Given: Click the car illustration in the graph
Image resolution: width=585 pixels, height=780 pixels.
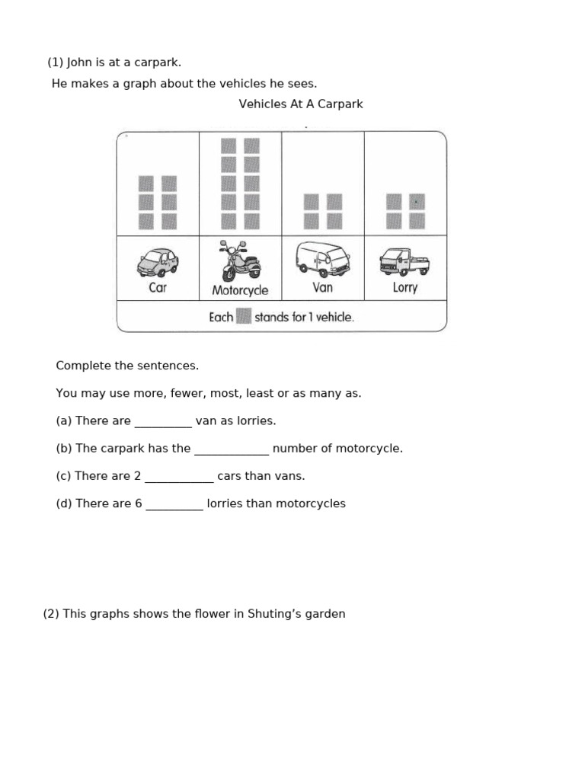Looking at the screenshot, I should pos(158,263).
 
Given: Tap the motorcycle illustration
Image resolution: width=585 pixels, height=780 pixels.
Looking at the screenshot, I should pos(240,261).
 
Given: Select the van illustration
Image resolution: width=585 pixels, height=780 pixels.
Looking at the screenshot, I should pos(322,260).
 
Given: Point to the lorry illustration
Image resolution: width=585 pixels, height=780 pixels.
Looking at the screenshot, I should pos(404,262).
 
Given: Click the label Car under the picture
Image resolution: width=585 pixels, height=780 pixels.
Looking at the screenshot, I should pos(158,288).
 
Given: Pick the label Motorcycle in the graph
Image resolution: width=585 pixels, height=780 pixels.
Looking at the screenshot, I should pos(240,290).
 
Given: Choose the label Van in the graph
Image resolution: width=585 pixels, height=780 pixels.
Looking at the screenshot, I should pos(322,288).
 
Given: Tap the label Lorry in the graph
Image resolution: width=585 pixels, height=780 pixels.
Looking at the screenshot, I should pos(404,288).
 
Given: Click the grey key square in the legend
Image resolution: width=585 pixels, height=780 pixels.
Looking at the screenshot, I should pos(244,316).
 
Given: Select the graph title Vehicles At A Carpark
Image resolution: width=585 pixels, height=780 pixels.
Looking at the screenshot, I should pos(301,104).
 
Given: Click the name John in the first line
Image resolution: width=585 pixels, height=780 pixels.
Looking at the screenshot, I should pos(80,62).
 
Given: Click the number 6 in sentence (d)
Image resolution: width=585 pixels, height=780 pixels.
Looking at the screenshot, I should pos(138,503).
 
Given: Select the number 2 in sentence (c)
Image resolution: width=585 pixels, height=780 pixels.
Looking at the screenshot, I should pos(137,476).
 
